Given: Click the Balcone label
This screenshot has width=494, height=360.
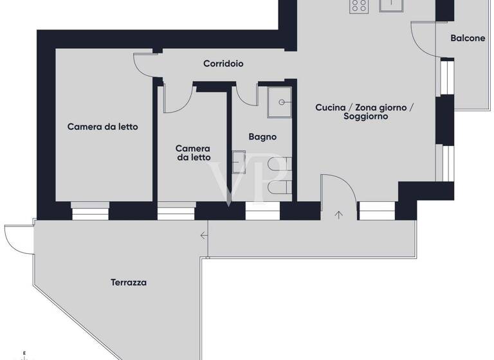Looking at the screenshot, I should click(468, 38).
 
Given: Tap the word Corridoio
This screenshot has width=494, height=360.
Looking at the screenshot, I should click(223, 64).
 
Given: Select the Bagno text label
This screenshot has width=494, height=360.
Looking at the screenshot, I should click(262, 136).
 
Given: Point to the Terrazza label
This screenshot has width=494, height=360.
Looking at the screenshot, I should click(129, 282).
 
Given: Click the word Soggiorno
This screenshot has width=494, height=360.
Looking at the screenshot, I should click(365, 117).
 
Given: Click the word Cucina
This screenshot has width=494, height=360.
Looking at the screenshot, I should click(331, 107).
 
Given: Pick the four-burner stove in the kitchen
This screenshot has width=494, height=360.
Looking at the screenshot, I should click(359, 6).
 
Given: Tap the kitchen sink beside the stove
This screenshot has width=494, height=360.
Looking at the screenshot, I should click(391, 5).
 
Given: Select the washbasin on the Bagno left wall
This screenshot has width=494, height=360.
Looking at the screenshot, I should click(239, 162).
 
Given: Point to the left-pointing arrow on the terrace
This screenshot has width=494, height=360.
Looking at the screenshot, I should click(204, 236).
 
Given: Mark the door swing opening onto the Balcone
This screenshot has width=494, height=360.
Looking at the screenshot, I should click(422, 39).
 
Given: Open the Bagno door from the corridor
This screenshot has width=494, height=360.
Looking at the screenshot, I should click(244, 95).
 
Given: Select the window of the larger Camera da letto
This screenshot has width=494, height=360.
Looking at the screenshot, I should click(91, 210).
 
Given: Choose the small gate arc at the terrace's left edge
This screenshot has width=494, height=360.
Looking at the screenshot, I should click(16, 238).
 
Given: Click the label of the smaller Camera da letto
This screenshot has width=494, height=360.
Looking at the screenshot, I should click(193, 153).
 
